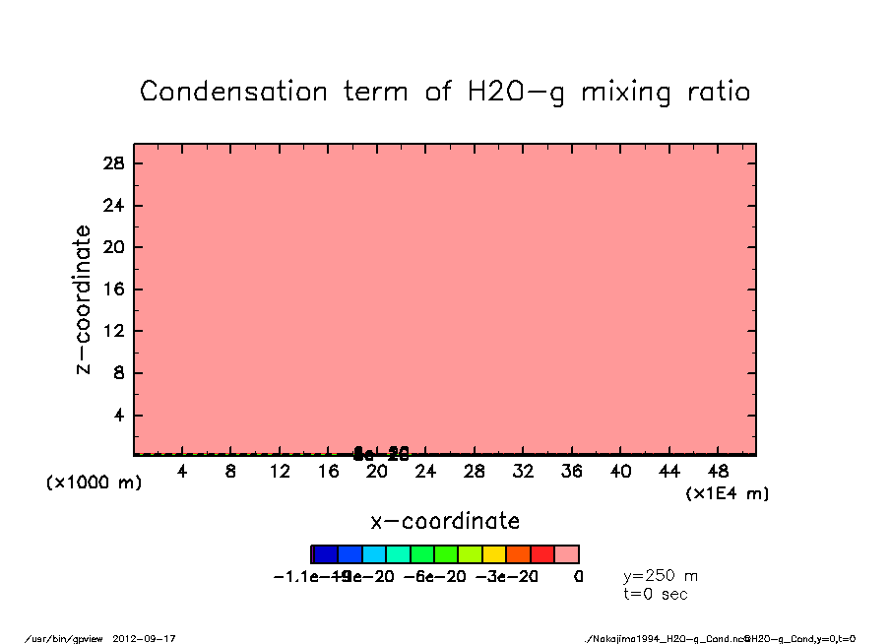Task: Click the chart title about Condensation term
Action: pyautogui.click(x=445, y=92)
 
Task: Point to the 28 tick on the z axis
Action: pyautogui.click(x=114, y=163)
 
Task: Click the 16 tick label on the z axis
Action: pyautogui.click(x=114, y=290)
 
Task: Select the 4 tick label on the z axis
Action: pyautogui.click(x=119, y=416)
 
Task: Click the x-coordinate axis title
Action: pyautogui.click(x=445, y=521)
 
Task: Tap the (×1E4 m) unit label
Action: pyautogui.click(x=727, y=493)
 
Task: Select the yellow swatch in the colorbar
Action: pyautogui.click(x=494, y=554)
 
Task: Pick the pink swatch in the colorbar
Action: pyautogui.click(x=566, y=554)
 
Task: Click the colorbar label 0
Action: pyautogui.click(x=578, y=576)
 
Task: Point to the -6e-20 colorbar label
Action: pyautogui.click(x=435, y=576)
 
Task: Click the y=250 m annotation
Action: pyautogui.click(x=661, y=576)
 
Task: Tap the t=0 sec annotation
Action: pyautogui.click(x=656, y=593)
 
